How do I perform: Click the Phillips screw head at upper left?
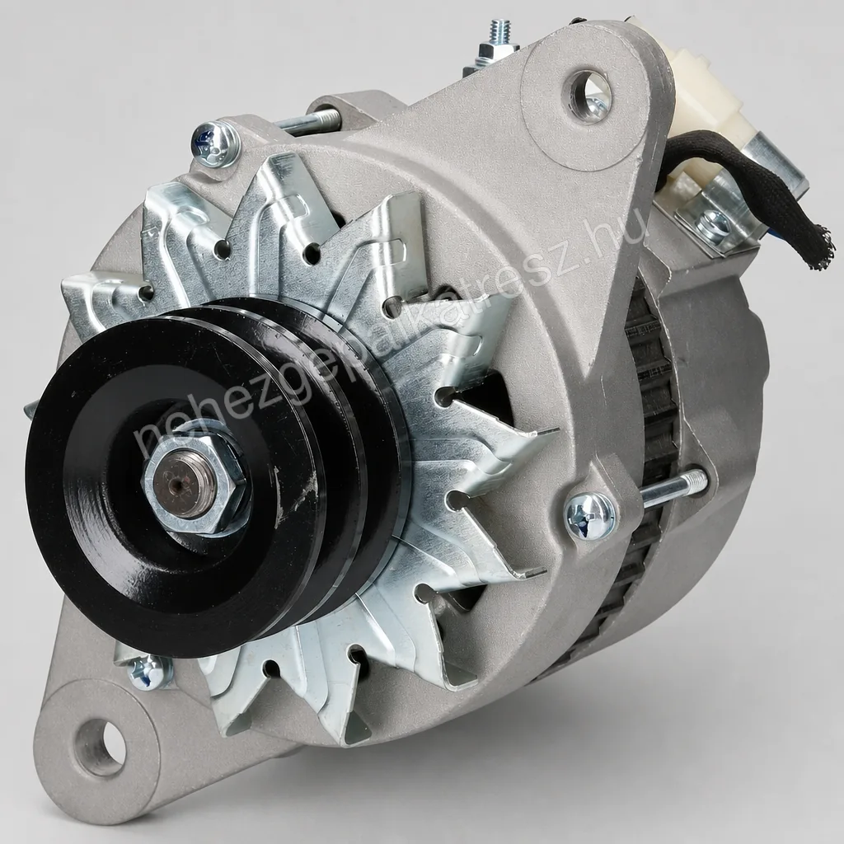pyautogui.click(x=214, y=142)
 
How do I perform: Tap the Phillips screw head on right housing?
pyautogui.click(x=590, y=515)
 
